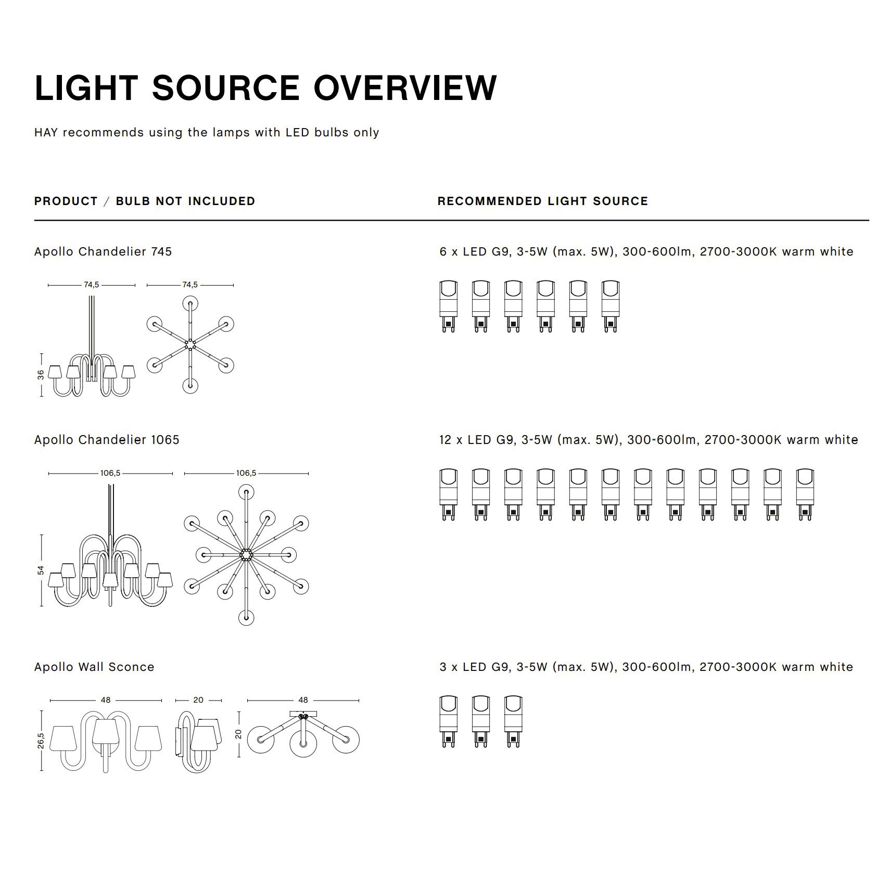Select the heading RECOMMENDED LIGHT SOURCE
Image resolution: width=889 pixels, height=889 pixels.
pyautogui.click(x=542, y=201)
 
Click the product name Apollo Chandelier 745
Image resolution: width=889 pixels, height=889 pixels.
pyautogui.click(x=103, y=252)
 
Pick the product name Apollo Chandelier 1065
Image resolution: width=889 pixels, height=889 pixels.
pyautogui.click(x=107, y=440)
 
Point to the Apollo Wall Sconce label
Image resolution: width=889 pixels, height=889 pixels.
pyautogui.click(x=94, y=667)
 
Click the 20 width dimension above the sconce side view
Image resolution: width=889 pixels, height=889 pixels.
pyautogui.click(x=198, y=700)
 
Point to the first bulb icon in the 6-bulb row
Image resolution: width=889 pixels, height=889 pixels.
pyautogui.click(x=448, y=306)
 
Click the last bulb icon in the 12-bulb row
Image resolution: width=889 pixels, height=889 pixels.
pyautogui.click(x=805, y=494)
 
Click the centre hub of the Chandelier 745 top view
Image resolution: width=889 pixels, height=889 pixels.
pyautogui.click(x=190, y=345)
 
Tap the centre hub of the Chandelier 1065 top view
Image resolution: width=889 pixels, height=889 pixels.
pyautogui.click(x=246, y=555)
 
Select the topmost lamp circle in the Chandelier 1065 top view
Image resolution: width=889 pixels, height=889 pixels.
pyautogui.click(x=246, y=492)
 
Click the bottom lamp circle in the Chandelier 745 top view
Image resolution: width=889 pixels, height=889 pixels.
pyautogui.click(x=190, y=386)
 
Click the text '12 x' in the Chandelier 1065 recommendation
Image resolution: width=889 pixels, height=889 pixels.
pyautogui.click(x=451, y=440)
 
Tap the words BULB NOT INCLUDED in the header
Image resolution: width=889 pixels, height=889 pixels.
pyautogui.click(x=185, y=201)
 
